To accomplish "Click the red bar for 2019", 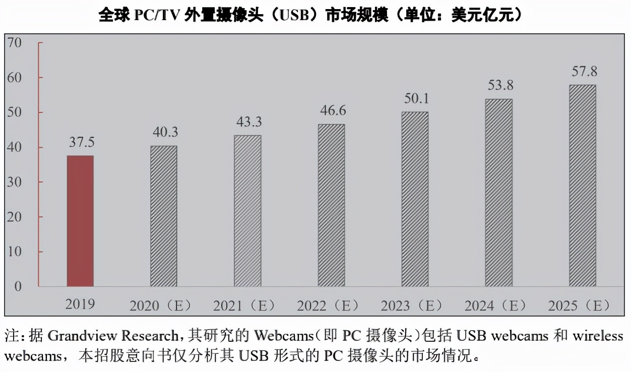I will tap(80, 221).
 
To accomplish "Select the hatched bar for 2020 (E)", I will tap(164, 216).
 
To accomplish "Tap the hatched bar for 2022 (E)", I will tap(331, 205).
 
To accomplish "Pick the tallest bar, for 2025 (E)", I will tap(582, 185).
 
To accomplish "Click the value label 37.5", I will tap(82, 143).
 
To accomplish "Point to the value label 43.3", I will tap(249, 122).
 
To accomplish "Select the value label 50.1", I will tap(416, 98).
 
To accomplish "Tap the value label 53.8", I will tap(500, 85).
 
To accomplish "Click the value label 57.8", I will tap(584, 71).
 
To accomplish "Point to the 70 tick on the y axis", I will tap(15, 43).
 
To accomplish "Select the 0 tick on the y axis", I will tap(18, 287).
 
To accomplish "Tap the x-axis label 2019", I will tap(80, 304).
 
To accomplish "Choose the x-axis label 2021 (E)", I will tap(244, 306).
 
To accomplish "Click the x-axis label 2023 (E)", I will tap(411, 306).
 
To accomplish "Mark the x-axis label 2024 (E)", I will tap(495, 306).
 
